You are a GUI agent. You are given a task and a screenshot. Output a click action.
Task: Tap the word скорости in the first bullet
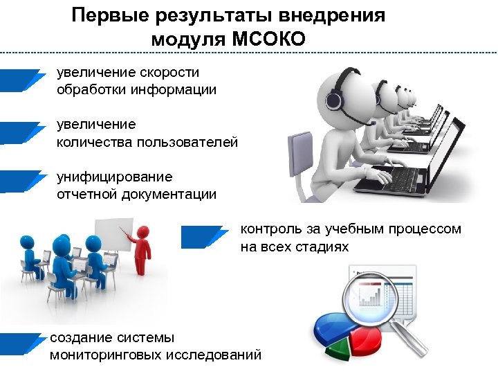pos(169,72)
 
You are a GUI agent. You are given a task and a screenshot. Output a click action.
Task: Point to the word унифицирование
pos(115,177)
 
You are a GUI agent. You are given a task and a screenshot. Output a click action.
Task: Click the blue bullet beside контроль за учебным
pos(203,237)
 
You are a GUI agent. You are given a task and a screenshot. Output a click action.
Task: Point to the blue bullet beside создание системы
pos(21,344)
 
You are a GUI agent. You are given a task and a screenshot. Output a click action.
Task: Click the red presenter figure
pos(142,249)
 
